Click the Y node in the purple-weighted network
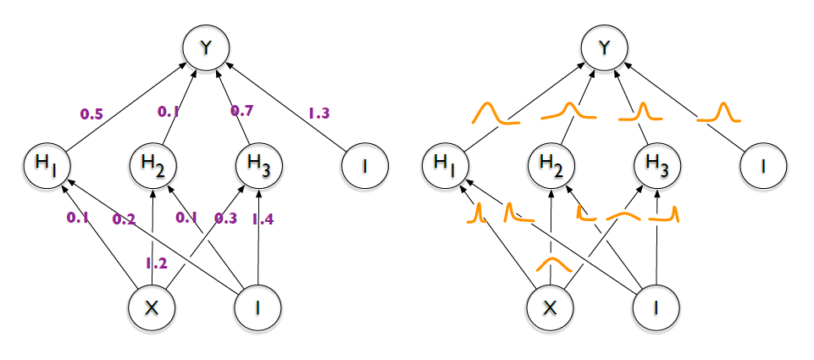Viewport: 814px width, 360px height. click(x=204, y=50)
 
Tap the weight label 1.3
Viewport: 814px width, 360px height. click(x=318, y=112)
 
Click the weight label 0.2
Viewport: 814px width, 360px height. click(x=124, y=220)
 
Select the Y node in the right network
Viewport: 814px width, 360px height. click(x=603, y=50)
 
